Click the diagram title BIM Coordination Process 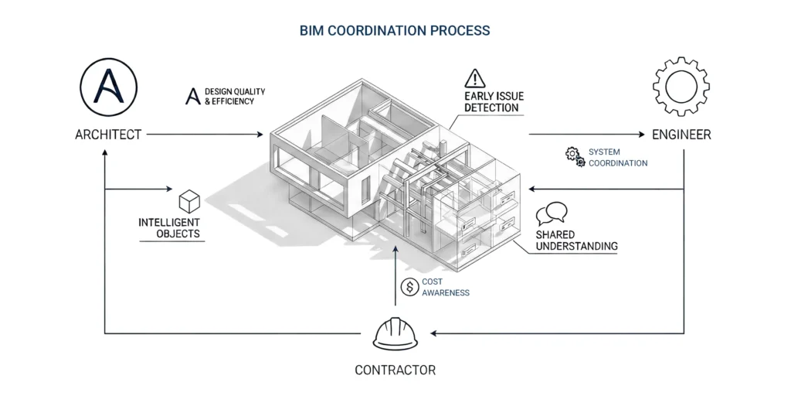(395, 30)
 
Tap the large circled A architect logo (108, 87)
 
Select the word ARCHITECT (108, 135)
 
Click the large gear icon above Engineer (681, 87)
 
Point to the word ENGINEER (681, 135)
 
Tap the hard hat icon (395, 333)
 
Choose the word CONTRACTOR (395, 370)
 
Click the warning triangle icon (475, 79)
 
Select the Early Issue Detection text (491, 102)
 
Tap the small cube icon (189, 201)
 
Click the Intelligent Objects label (169, 228)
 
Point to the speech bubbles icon (552, 213)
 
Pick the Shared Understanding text (576, 241)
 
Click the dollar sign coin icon (409, 287)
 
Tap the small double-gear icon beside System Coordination (575, 157)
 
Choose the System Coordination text (618, 158)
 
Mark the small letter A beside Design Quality (192, 97)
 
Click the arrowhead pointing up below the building (395, 249)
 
